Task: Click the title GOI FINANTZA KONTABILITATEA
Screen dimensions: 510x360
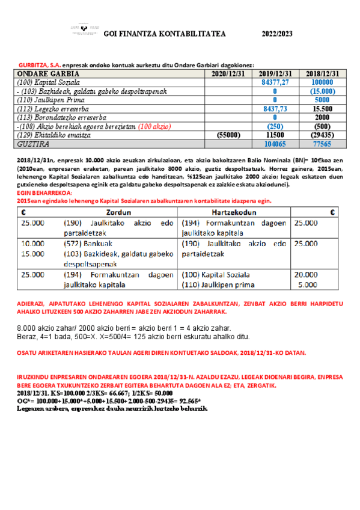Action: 165,34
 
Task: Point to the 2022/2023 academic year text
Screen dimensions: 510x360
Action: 277,34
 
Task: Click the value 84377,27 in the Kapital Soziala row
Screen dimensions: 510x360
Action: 275,82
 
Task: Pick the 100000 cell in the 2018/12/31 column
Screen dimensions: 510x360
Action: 322,82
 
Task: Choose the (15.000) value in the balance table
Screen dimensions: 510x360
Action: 322,91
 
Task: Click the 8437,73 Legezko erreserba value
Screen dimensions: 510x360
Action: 275,109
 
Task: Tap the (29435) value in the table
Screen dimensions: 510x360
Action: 322,136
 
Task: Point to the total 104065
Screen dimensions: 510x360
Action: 275,145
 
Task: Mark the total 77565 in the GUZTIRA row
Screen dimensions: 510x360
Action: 322,145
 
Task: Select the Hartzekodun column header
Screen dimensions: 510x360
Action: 234,212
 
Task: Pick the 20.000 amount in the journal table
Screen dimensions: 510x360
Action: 307,274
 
